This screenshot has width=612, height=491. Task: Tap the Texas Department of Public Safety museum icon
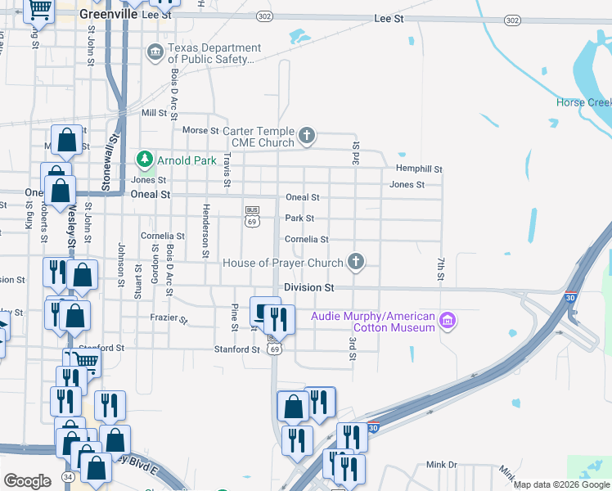[x=155, y=53]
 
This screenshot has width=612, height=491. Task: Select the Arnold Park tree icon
[x=145, y=159]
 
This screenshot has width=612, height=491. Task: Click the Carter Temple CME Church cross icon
[x=307, y=135]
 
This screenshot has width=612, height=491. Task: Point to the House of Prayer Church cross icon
[x=355, y=262]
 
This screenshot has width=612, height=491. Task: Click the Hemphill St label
[x=419, y=169]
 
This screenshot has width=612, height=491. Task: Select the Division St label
[x=309, y=288]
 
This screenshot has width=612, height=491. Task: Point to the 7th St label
[x=440, y=268]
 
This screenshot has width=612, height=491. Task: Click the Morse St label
[x=200, y=130]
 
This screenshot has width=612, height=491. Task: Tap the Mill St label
[x=154, y=112]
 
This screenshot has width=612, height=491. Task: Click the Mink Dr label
[x=442, y=464]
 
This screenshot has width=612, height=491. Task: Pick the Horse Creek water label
[x=583, y=102]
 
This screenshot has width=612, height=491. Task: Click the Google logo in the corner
[x=27, y=481]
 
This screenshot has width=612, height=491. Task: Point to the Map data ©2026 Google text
[x=561, y=484]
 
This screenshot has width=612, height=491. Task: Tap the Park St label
[x=299, y=218]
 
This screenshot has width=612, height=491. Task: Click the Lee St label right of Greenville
[x=389, y=17]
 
